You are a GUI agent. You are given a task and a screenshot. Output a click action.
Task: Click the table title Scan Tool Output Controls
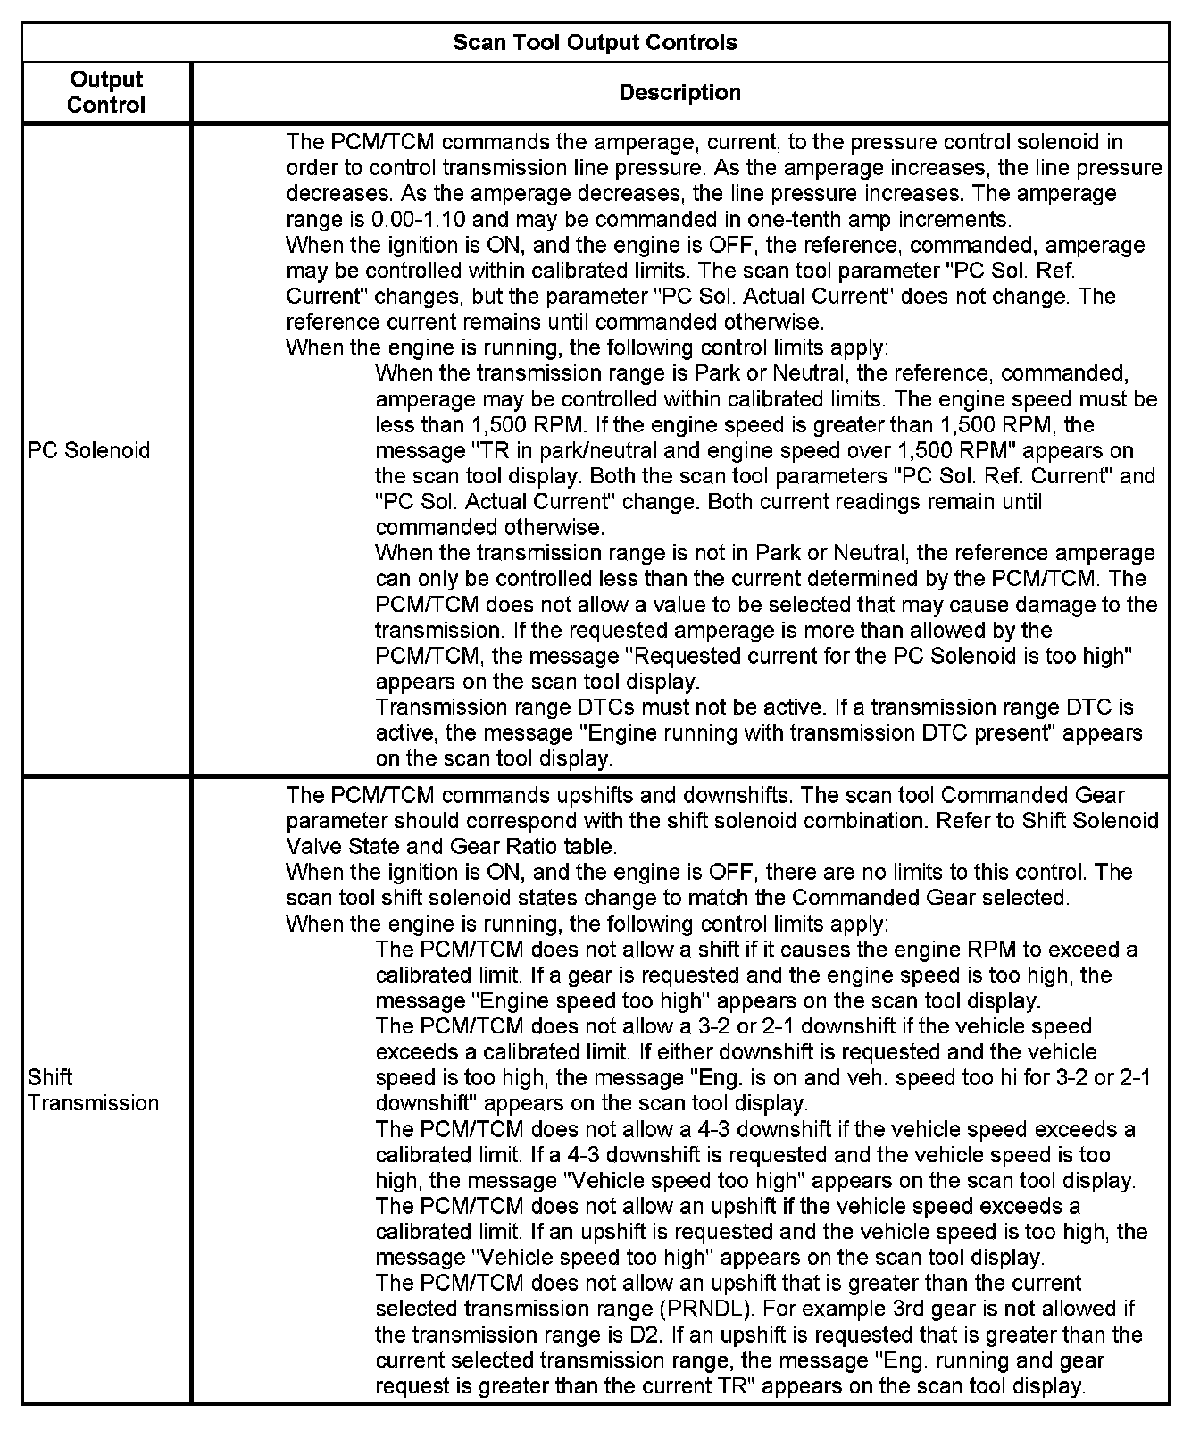595,42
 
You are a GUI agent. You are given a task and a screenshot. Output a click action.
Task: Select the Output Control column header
105,92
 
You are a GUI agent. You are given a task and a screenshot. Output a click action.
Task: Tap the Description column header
679,92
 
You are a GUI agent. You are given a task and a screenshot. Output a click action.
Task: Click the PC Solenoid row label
88,450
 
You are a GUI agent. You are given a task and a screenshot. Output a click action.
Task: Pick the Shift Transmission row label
93,1090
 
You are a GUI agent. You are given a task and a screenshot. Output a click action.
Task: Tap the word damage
1065,605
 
